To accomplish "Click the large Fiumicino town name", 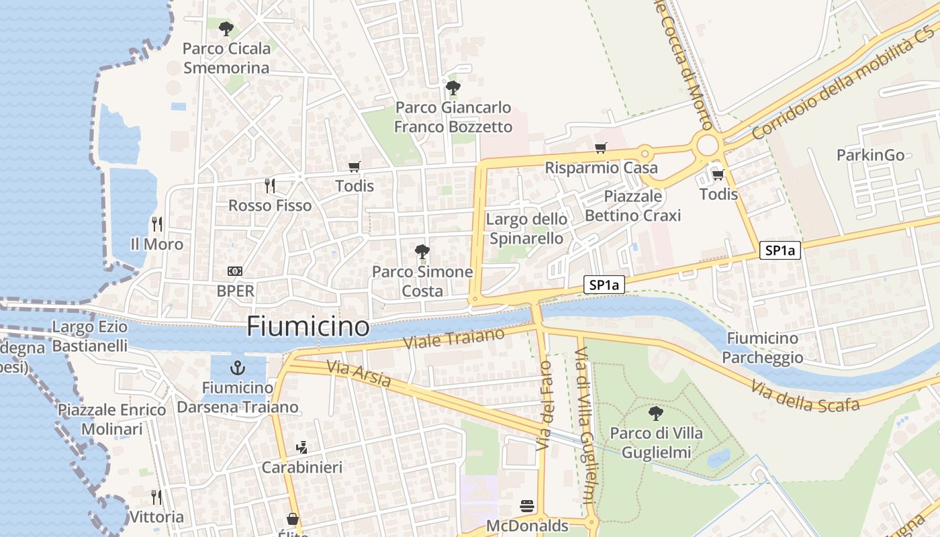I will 308,326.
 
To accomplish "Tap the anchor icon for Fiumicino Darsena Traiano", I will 237,368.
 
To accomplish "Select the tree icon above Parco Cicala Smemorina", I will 226,29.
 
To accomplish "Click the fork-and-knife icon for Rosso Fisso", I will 270,186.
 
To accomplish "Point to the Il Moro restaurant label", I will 157,244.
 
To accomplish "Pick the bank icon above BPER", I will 235,271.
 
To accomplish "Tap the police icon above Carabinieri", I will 301,448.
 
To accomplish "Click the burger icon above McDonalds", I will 527,506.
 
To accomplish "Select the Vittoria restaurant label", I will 156,517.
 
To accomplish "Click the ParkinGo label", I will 870,155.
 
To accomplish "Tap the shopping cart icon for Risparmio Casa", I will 600,148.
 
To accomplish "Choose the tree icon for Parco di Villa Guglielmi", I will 656,413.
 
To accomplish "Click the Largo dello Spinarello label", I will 526,229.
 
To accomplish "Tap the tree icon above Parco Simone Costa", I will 422,252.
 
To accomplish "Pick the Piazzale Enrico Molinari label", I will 111,420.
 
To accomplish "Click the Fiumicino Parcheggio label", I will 763,348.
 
